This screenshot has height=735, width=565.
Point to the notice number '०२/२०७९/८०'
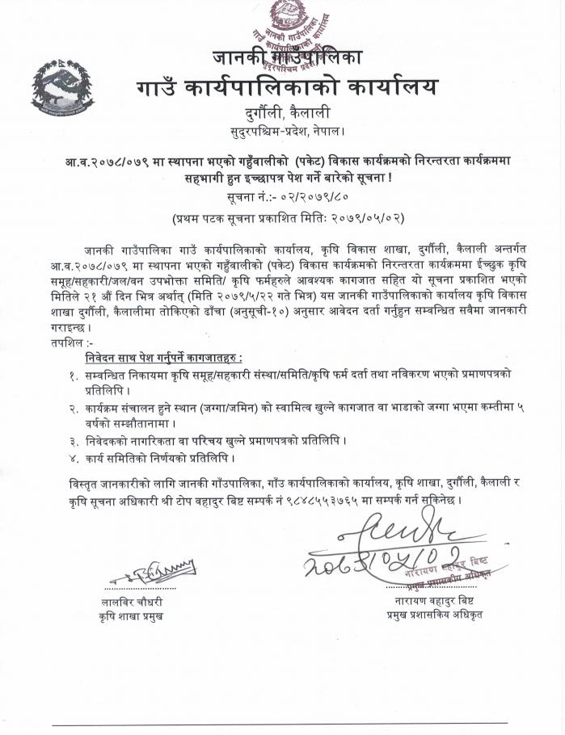310,196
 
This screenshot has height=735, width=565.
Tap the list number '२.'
74,409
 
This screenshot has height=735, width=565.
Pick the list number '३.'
74,441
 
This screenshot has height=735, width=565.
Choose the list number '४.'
74,459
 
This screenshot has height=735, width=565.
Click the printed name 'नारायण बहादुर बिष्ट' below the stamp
441,601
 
